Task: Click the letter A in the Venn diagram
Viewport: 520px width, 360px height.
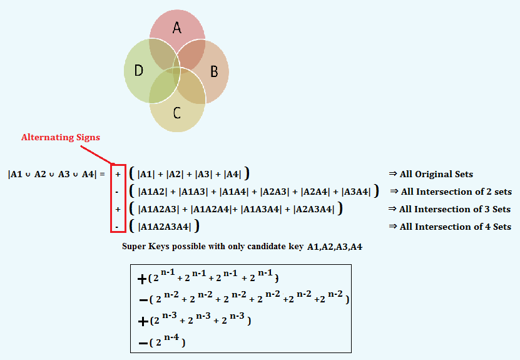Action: pos(177,28)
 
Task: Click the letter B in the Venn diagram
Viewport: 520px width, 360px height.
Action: pos(213,71)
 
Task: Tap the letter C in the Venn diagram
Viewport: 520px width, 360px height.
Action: pos(177,113)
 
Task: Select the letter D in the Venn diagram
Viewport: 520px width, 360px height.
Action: pos(139,70)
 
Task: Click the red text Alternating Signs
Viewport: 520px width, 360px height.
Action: pos(61,137)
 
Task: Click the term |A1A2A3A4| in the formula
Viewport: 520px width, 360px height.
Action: pos(165,227)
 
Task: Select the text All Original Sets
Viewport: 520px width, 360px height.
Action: pos(436,174)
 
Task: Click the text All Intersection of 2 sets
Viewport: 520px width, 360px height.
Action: pos(456,192)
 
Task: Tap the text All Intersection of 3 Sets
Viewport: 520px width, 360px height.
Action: pos(454,209)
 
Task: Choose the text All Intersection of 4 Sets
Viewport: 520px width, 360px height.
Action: pos(454,227)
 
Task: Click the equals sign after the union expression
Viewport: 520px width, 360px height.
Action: pos(102,174)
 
